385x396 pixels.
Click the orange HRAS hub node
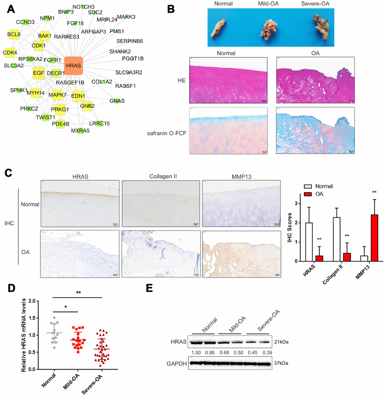pos(73,66)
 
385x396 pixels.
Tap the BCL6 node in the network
pos(14,34)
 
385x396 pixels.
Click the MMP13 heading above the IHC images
pos(241,177)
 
